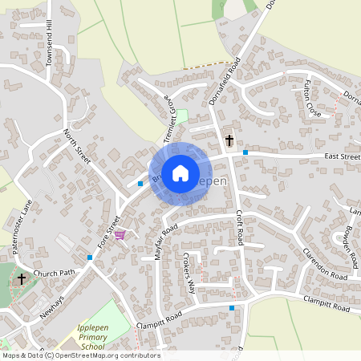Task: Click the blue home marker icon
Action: pos(180,172)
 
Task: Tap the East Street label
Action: pos(343,156)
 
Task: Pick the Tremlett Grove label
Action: pos(170,117)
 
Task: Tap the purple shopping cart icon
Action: pos(120,235)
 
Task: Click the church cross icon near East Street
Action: pos(229,140)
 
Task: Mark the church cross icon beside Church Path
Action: pos(22,278)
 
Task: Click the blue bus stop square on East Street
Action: pos(245,152)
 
